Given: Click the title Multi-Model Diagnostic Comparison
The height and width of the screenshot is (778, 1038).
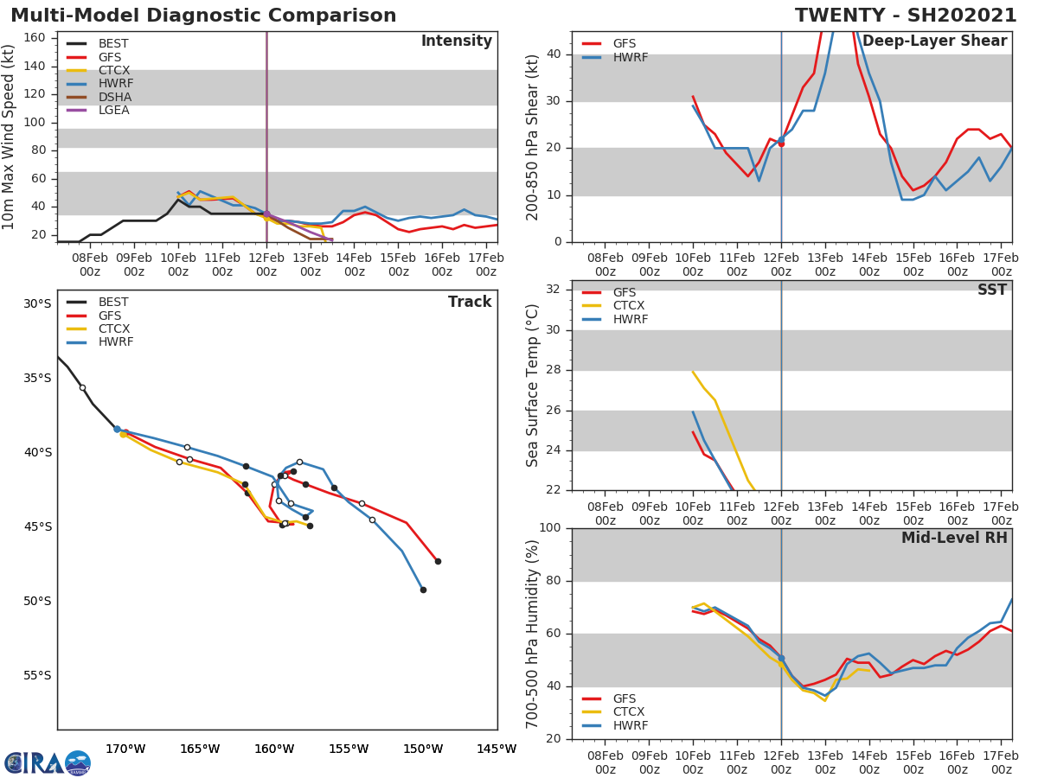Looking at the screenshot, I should coord(203,16).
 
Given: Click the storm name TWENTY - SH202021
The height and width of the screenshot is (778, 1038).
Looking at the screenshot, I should coord(906,16).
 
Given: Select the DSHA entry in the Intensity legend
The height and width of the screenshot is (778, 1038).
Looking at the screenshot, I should coord(115,97).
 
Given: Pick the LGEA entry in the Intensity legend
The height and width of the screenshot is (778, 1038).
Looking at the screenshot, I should coord(115,110).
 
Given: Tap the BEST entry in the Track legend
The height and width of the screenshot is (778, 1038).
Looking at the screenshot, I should coord(113,303).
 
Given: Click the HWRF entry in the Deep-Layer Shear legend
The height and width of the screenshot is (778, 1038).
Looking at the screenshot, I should coord(630,57).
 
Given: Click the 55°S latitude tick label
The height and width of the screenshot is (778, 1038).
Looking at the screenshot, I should coord(37,675).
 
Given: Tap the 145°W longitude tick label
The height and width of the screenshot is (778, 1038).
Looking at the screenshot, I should coord(497,749).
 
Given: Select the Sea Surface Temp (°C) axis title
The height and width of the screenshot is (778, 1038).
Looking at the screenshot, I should coord(533,385).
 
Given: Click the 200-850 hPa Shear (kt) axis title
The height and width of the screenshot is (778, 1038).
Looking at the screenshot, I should coord(533,137).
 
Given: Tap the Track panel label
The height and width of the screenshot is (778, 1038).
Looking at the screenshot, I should coord(469,302).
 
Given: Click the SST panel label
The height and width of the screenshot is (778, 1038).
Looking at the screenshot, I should coord(991,290).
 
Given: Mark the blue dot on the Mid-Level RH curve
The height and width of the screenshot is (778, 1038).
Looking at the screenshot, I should coord(781,659).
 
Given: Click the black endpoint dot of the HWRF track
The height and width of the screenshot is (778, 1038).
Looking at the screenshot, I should coord(423,590).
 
